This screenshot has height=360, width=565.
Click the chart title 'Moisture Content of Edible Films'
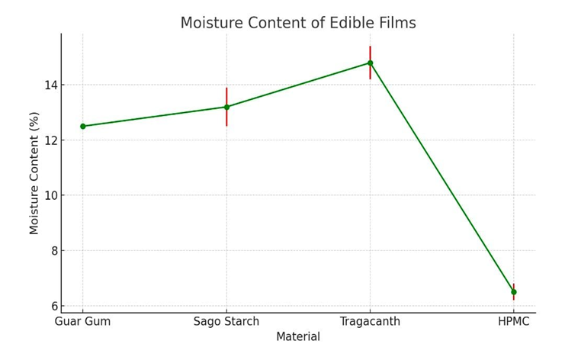click(298, 24)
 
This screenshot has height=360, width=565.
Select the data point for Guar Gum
click(83, 126)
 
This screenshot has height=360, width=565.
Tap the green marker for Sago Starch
click(226, 107)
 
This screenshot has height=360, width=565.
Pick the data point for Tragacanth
click(370, 63)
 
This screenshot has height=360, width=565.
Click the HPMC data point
click(513, 291)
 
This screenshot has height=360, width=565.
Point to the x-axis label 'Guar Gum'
click(83, 322)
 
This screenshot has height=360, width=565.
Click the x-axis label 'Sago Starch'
click(226, 322)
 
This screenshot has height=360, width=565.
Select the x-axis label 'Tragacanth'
click(370, 322)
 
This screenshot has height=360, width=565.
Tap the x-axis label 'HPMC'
click(513, 322)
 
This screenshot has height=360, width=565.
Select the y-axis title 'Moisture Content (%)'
click(34, 173)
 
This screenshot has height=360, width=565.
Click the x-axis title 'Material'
click(298, 337)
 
